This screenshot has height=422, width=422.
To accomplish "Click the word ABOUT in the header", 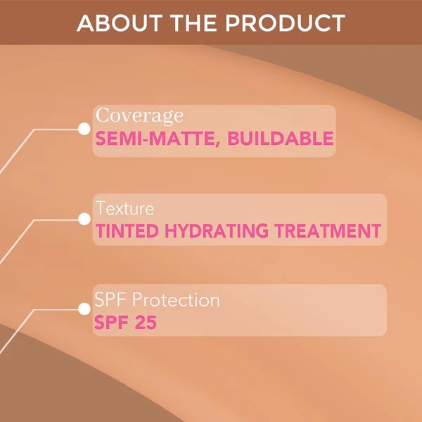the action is click(120, 23).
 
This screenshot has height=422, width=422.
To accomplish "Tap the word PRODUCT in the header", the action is click(286, 23).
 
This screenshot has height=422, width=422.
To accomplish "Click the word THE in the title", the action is click(193, 23).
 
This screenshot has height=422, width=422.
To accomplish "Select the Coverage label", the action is click(139, 116).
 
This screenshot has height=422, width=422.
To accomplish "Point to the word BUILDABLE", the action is click(281, 139).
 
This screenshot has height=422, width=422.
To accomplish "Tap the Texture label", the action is click(124, 208).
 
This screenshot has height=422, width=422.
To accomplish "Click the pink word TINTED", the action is click(127, 231).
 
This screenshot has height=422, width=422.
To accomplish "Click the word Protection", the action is click(176, 300).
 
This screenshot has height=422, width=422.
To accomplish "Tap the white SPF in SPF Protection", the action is click(110, 300).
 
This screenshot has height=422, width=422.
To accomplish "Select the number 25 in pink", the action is click(146, 322).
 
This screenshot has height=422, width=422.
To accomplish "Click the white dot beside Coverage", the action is click(84, 129).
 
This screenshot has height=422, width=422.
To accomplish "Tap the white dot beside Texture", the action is click(84, 219).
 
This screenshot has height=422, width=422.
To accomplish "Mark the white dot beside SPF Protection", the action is click(84, 309).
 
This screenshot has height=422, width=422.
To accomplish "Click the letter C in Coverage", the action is click(102, 115).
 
